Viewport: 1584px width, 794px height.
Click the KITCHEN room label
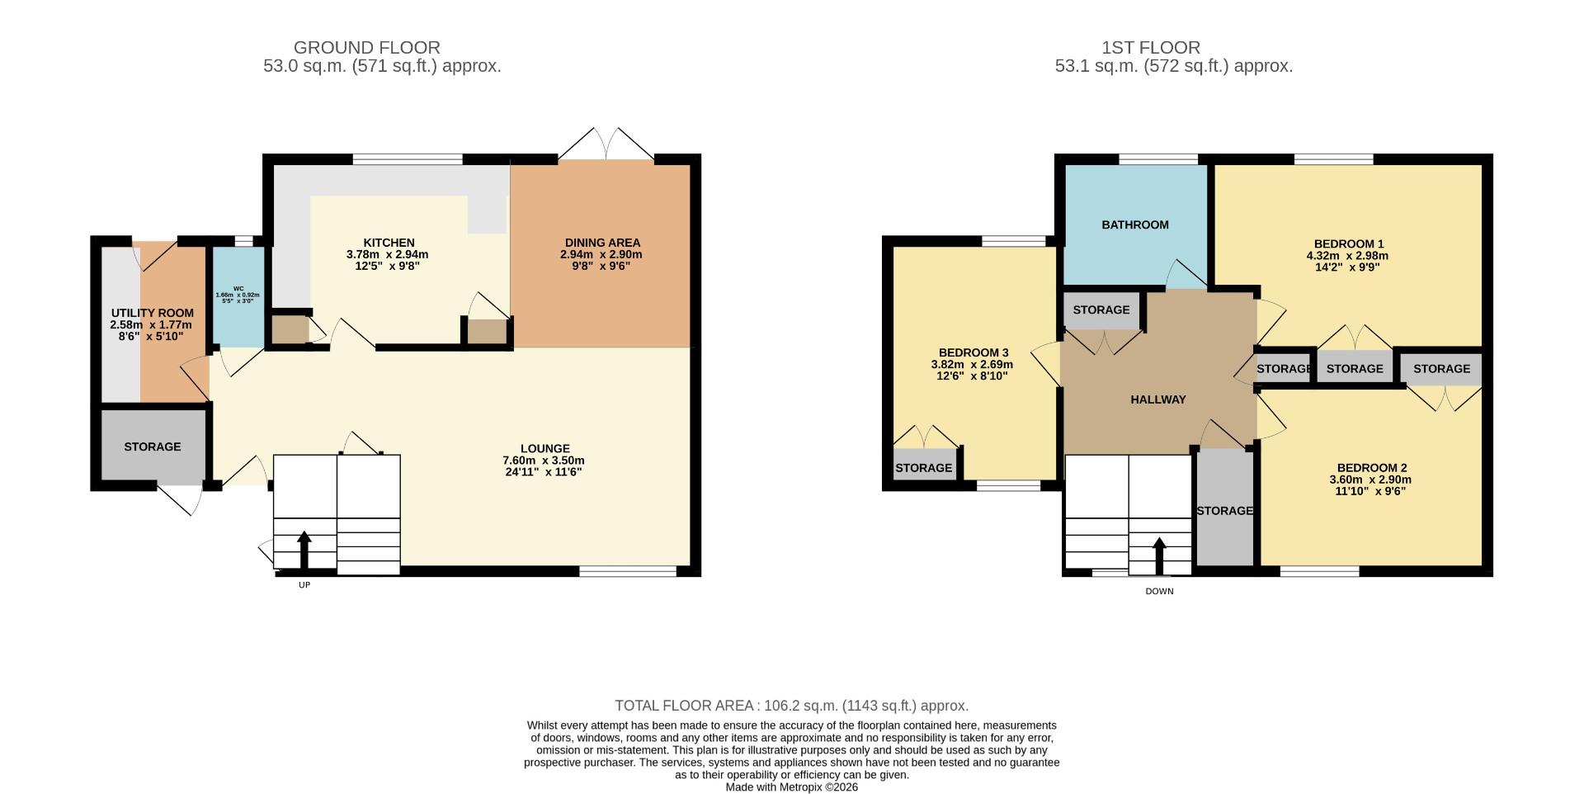tap(389, 243)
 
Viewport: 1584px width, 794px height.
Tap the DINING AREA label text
tap(601, 243)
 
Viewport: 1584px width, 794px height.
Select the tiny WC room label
tap(238, 289)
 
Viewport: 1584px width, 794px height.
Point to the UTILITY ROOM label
tap(153, 313)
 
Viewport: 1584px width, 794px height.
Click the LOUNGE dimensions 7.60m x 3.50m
tap(544, 461)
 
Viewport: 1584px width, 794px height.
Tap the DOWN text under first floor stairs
tap(1159, 591)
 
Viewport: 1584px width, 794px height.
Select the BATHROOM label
tap(1135, 224)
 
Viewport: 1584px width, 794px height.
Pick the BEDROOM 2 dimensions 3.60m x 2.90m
tap(1370, 480)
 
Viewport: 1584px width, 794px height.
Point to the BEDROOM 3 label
tap(973, 352)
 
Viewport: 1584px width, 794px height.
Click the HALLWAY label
tap(1157, 399)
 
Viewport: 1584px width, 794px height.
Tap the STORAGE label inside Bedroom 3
tap(924, 468)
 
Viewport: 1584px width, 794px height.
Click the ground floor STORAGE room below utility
tap(153, 447)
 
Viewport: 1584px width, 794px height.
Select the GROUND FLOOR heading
tap(367, 48)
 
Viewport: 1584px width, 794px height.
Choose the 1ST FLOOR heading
tap(1150, 48)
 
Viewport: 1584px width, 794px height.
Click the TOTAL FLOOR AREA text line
tap(791, 706)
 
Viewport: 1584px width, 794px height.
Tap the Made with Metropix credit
tap(791, 787)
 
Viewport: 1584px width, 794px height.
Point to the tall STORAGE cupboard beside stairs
tap(1225, 510)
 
